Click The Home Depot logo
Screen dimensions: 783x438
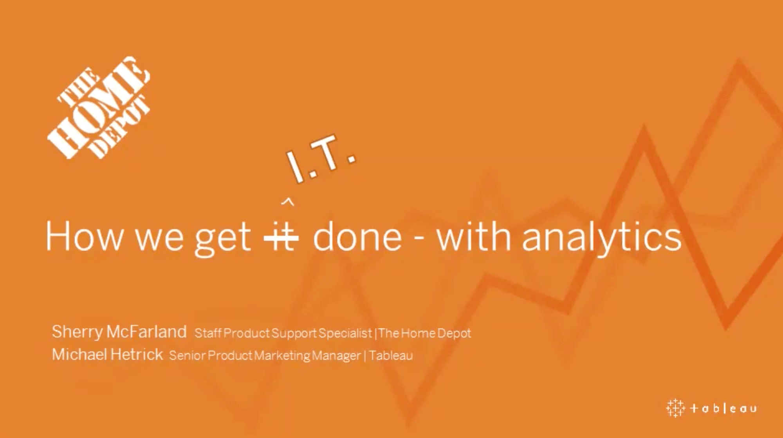pos(99,108)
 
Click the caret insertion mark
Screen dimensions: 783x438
pos(288,202)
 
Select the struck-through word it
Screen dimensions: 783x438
pos(281,237)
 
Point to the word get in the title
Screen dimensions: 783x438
pos(223,239)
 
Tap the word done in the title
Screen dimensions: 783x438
pos(357,236)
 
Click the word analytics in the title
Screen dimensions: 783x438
pos(602,238)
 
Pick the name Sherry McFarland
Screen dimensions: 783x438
pos(119,332)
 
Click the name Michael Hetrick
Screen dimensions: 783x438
pos(107,354)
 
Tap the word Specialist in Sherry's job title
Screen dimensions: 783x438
pos(345,333)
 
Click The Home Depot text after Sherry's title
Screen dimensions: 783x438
pos(424,333)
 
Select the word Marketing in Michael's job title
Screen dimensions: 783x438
pos(282,356)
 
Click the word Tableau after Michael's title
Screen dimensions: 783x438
pos(391,355)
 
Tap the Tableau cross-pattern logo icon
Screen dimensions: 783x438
pos(675,408)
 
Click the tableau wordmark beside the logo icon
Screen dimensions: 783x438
pos(723,408)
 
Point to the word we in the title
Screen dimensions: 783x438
pos(159,239)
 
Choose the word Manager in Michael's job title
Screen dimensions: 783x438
pos(336,356)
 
